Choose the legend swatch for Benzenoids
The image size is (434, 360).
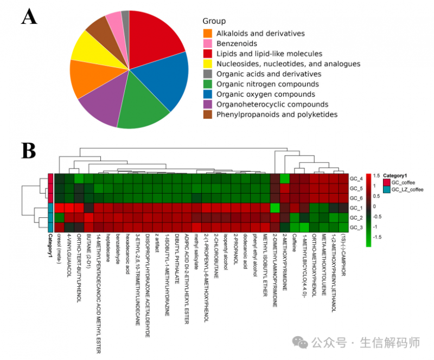pos(207,43)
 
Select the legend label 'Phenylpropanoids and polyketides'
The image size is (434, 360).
pos(277,114)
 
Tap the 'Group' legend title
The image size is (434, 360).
pos(214,21)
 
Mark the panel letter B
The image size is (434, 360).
pos(29,150)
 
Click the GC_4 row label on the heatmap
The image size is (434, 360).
pos(356,178)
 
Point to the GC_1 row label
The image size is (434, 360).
pos(356,208)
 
